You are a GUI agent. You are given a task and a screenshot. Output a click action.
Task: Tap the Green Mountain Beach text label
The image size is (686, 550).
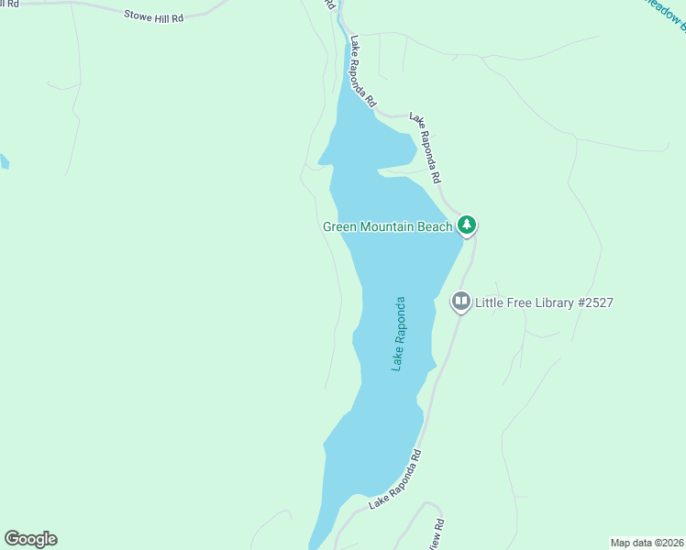[x=387, y=226]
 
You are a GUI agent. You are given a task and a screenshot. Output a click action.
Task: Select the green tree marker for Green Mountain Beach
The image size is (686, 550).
[x=467, y=225]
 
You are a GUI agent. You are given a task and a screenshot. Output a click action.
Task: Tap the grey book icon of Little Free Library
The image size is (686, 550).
[x=460, y=302]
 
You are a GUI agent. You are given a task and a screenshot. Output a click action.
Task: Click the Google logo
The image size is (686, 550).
[x=30, y=539]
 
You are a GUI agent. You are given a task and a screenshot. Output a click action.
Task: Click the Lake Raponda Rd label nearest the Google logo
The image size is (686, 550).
[x=395, y=479]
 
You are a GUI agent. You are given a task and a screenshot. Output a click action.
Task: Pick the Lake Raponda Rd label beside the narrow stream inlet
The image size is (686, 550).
[x=362, y=72]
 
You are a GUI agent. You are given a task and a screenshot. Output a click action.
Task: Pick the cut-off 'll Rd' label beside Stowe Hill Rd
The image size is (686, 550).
[x=11, y=4]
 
